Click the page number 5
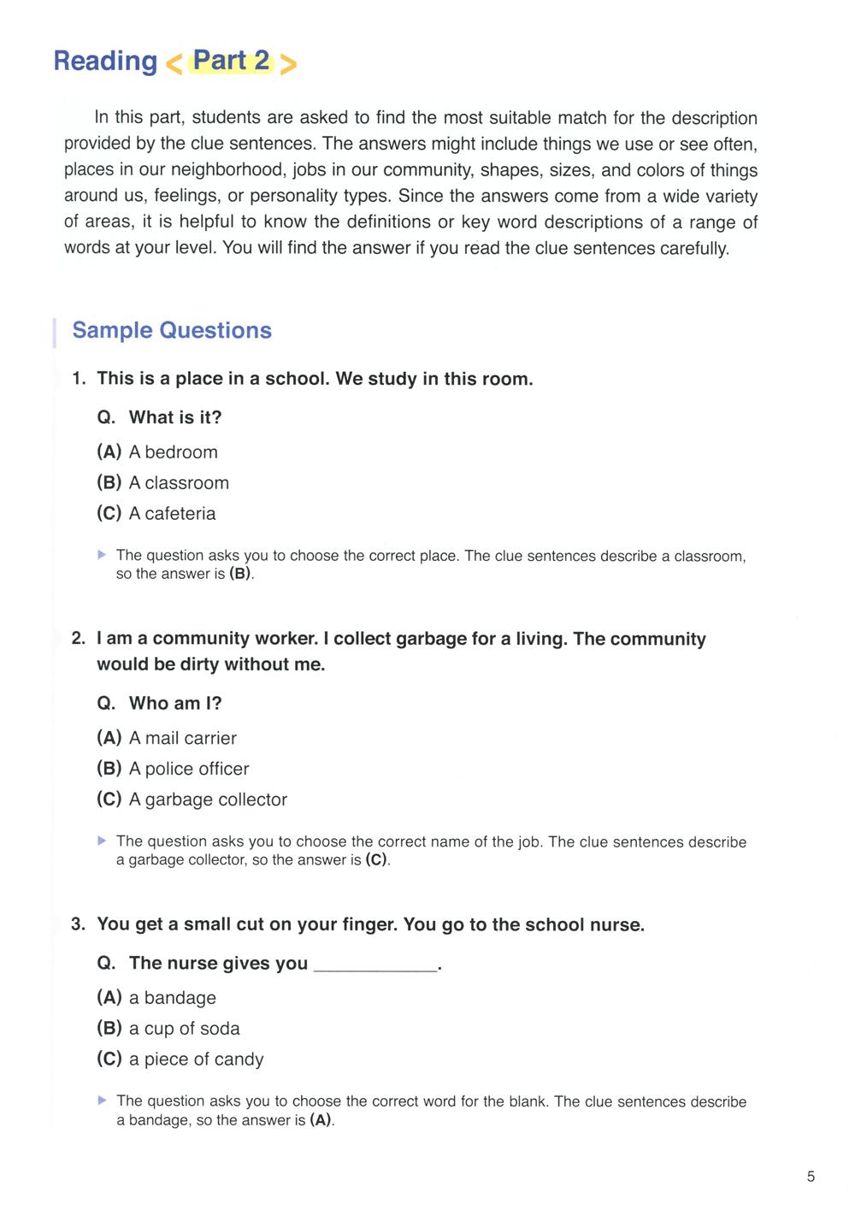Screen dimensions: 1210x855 click(811, 1177)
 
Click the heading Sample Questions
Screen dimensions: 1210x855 click(172, 331)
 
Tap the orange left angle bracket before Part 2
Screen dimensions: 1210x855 click(174, 64)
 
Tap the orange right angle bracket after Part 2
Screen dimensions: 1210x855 click(288, 64)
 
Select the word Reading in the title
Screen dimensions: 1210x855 click(105, 62)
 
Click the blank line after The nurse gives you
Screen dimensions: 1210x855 click(375, 966)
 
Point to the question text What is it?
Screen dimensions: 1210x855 click(175, 417)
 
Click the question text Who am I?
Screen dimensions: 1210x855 click(175, 704)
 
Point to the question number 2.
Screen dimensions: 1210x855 click(79, 639)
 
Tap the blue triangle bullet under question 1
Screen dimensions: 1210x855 click(103, 555)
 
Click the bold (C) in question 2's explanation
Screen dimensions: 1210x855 click(376, 860)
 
